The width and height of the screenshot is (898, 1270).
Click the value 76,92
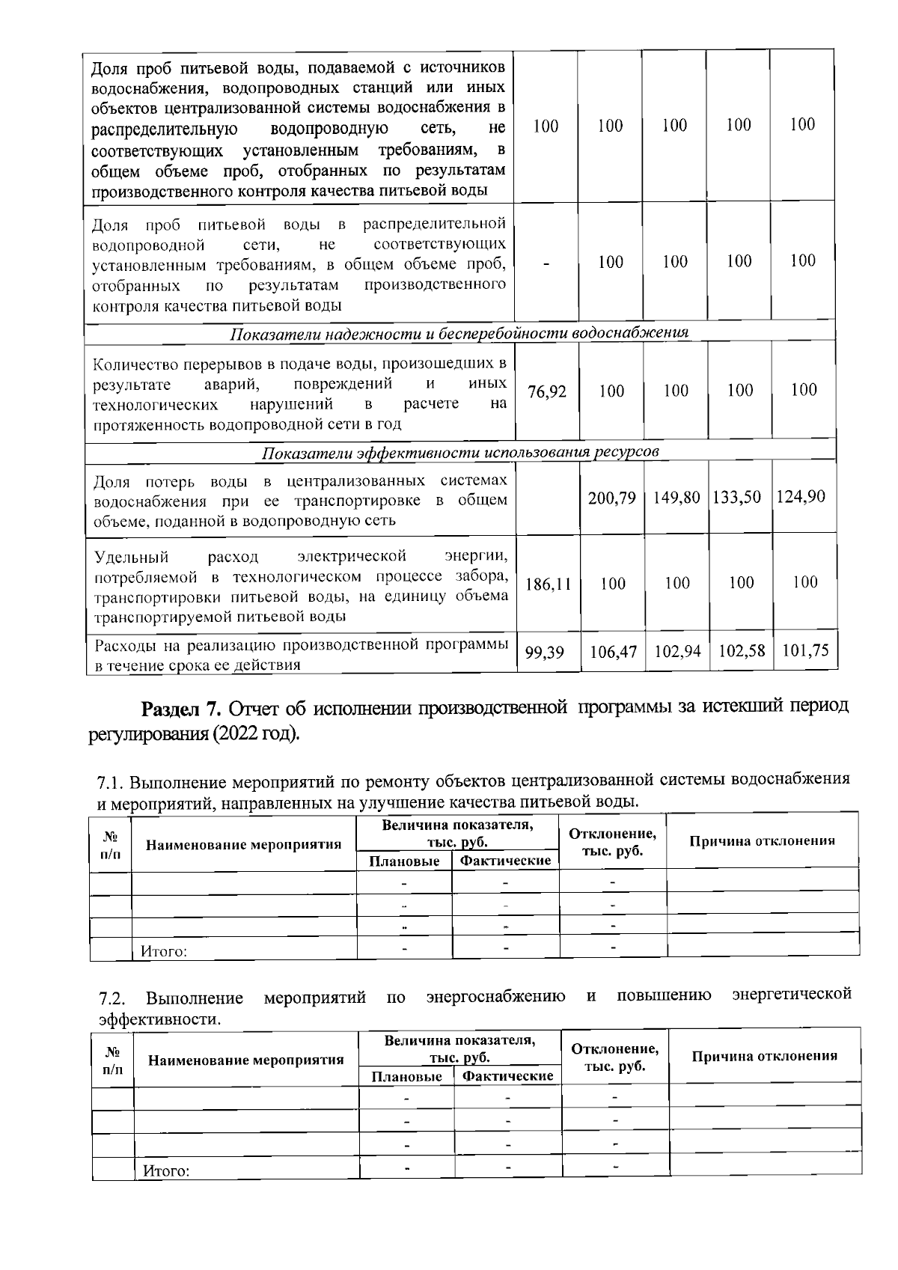tap(547, 391)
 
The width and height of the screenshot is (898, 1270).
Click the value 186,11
tap(548, 584)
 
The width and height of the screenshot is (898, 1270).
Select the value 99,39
tap(544, 653)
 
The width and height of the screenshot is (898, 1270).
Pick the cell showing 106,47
tap(613, 653)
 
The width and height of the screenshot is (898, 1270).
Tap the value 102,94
tap(677, 652)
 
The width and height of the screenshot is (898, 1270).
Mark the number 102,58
tap(741, 651)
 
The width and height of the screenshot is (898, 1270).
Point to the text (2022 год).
tap(256, 733)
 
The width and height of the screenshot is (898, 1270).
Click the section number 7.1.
tap(112, 784)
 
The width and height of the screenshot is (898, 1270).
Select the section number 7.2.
tap(114, 998)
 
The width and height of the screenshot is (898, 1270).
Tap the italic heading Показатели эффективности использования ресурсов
tap(460, 454)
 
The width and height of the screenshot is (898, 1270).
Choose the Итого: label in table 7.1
tap(163, 952)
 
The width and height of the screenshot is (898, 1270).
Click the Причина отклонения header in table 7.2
tap(764, 1056)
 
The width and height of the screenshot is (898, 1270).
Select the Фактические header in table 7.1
tap(505, 861)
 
